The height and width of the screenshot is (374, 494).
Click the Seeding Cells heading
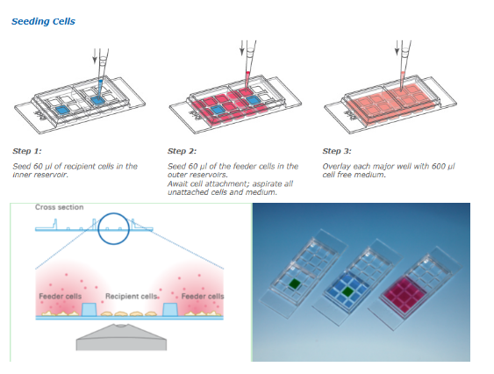[43, 21]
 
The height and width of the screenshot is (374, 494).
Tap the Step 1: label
[27, 151]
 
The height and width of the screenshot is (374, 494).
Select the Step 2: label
[182, 151]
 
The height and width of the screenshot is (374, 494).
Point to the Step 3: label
[337, 151]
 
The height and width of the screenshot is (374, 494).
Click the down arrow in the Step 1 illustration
[95, 56]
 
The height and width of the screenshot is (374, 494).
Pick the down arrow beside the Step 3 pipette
[397, 48]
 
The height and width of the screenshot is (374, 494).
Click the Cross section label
[60, 207]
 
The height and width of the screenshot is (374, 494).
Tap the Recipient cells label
[131, 296]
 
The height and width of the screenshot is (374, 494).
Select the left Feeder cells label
[61, 296]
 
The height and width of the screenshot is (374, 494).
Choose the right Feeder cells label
[203, 296]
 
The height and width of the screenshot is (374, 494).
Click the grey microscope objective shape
[121, 338]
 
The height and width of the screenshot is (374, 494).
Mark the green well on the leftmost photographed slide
[296, 284]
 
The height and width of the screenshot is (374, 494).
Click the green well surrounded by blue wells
[347, 291]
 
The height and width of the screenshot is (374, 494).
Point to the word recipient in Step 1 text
[80, 166]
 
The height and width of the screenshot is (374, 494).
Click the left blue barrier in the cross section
[89, 309]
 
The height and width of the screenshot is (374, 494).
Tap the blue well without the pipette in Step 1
[62, 110]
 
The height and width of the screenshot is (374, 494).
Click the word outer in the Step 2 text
[175, 175]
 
